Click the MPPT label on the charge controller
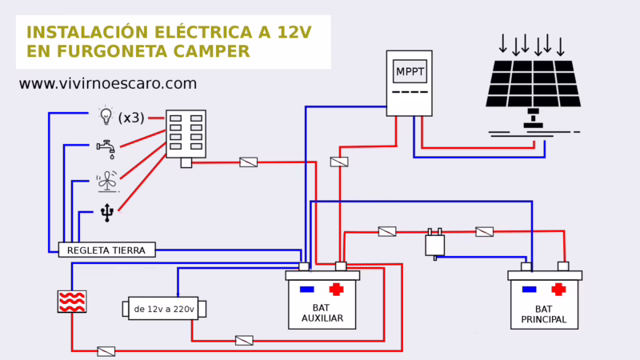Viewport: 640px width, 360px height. point(410,73)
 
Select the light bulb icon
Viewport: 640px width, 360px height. point(105,116)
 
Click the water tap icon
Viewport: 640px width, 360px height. point(105,149)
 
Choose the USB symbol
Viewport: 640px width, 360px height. point(107,213)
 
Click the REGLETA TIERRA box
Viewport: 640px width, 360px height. point(106,250)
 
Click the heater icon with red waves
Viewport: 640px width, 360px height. point(72,301)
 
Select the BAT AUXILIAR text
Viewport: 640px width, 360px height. point(323,313)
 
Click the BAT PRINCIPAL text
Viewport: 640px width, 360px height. point(545,314)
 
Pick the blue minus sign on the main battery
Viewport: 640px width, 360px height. point(528,289)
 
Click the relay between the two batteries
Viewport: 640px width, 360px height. point(434,243)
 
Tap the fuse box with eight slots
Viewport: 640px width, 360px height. point(186,134)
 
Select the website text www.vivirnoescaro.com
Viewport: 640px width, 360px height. point(107,83)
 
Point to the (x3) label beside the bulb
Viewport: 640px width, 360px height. point(131,118)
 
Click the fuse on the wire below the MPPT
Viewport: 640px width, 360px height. point(339,162)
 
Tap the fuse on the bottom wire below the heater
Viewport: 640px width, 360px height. point(106,350)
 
